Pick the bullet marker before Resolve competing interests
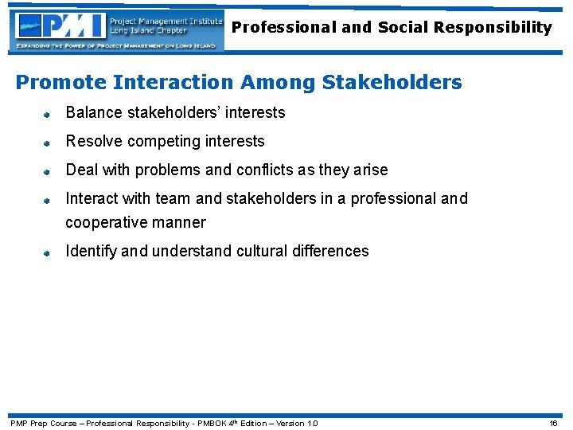47,143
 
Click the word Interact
90,198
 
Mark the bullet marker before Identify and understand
47,252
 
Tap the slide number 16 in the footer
553,423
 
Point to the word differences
337,251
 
